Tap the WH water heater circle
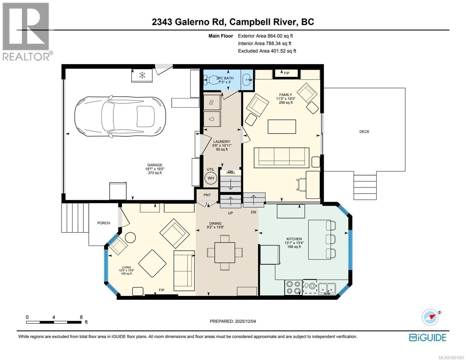pyautogui.click(x=211, y=178)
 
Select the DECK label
pyautogui.click(x=364, y=132)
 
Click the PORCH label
pyautogui.click(x=104, y=223)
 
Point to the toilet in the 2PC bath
pyautogui.click(x=212, y=80)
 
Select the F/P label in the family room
pyautogui.click(x=287, y=73)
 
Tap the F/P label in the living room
pyautogui.click(x=162, y=290)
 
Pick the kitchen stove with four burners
pyautogui.click(x=293, y=287)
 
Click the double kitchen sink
pyautogui.click(x=327, y=288)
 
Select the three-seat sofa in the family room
pyautogui.click(x=282, y=157)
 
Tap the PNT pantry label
pyautogui.click(x=207, y=195)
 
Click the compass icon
pyautogui.click(x=430, y=317)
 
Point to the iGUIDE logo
pyautogui.click(x=428, y=337)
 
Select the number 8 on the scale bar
pyautogui.click(x=81, y=317)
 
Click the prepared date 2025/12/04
pyautogui.click(x=245, y=321)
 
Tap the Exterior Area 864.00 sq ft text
pyautogui.click(x=265, y=36)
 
